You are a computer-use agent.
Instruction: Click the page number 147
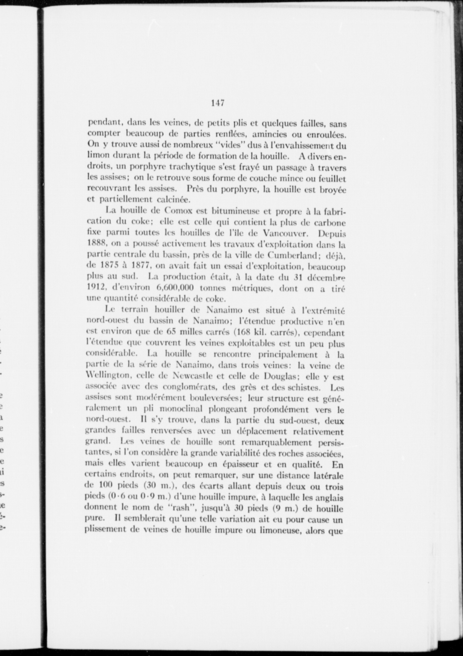(218, 103)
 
